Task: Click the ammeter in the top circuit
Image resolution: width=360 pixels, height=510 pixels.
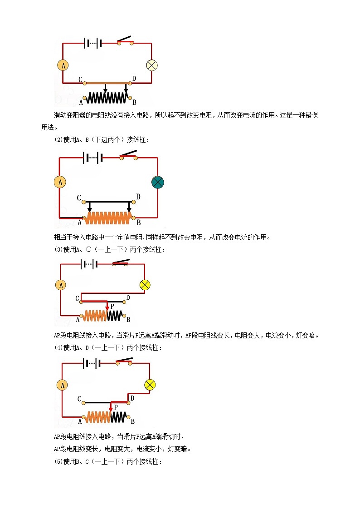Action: pos(63,65)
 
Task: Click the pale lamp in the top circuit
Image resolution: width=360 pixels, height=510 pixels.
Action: pos(151,65)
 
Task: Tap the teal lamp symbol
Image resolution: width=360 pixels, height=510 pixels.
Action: pos(157,183)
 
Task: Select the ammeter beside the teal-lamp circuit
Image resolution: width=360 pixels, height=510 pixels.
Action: pos(60,183)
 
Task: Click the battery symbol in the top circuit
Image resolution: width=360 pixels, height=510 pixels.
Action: pos(92,43)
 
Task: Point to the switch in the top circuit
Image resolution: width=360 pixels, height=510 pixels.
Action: pos(126,40)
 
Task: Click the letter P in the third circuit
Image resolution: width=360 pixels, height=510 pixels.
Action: pos(112,307)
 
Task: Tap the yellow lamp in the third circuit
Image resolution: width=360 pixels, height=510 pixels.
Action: pos(145,285)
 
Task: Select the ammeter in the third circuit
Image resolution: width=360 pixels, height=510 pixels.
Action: pos(60,285)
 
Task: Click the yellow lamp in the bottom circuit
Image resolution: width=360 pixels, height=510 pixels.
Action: pos(150,385)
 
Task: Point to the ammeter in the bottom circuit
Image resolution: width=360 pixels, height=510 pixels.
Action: pos(62,385)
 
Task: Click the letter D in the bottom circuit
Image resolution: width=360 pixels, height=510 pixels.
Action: pos(132,398)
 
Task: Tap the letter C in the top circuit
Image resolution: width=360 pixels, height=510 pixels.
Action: pos(80,80)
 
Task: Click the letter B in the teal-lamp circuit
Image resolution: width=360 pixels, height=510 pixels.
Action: pos(138,223)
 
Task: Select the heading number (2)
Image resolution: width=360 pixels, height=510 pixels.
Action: pos(58,140)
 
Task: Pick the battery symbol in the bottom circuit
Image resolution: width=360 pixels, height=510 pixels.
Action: pos(92,363)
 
